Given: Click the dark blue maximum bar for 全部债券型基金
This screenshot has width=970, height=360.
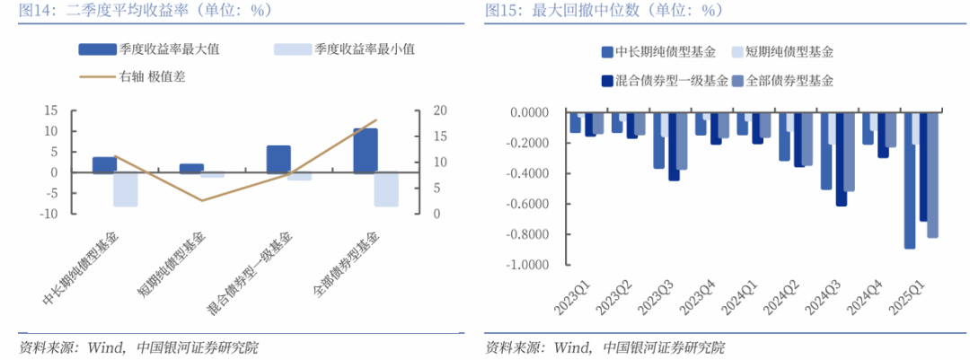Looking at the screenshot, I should click(366, 150).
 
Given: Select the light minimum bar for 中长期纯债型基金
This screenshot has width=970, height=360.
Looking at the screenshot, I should click(126, 189).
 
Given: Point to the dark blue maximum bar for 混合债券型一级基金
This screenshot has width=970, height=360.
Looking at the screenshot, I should click(278, 159).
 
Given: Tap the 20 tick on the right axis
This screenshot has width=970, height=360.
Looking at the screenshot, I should click(440, 110).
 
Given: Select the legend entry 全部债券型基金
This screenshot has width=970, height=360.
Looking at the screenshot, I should click(785, 81).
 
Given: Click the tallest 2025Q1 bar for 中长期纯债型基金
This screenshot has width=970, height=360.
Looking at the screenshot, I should click(910, 180).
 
